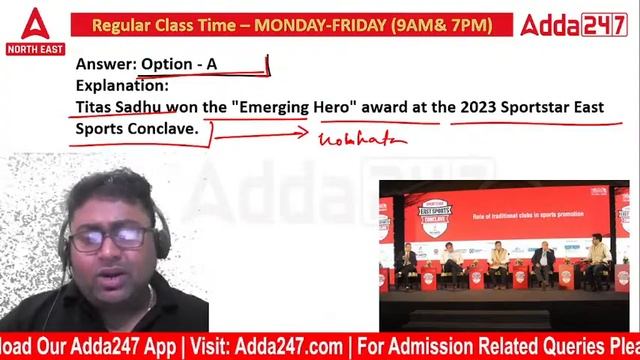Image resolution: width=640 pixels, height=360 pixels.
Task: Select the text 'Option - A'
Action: pyautogui.click(x=179, y=64)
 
